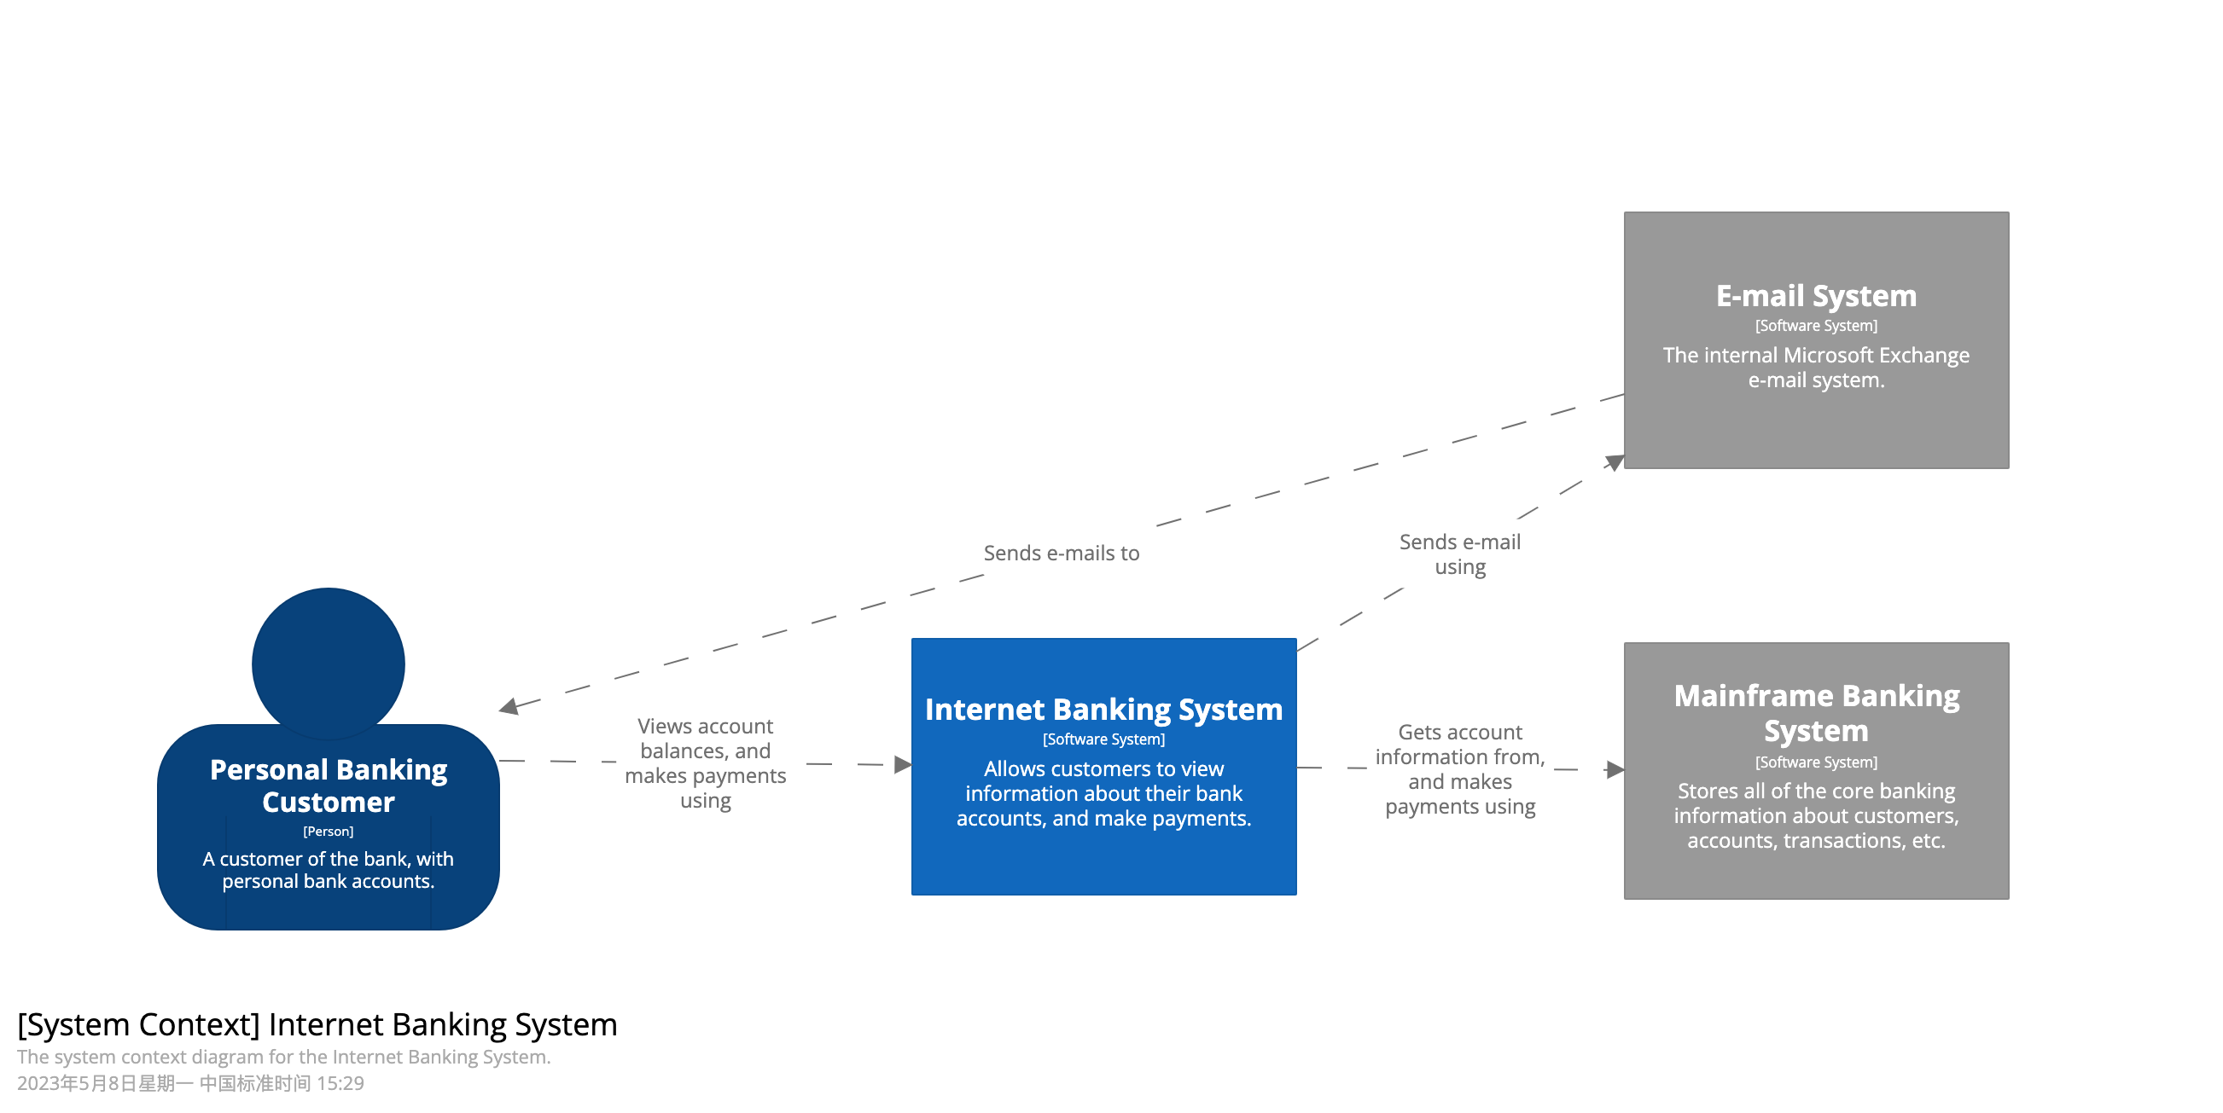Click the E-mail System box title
click(1816, 296)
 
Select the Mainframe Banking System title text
click(1816, 713)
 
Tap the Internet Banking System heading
click(1103, 710)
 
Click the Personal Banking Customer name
click(328, 785)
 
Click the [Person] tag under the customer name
click(328, 831)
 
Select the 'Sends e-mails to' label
click(1061, 553)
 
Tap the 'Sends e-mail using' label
click(1459, 554)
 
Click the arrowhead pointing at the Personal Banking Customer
click(509, 707)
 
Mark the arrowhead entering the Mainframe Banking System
click(1614, 769)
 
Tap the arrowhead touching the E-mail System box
click(1614, 462)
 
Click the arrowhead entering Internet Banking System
click(902, 764)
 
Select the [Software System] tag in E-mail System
click(1816, 326)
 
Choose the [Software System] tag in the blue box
click(1103, 739)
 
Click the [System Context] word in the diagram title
click(138, 1024)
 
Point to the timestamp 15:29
click(340, 1084)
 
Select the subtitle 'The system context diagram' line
click(283, 1057)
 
